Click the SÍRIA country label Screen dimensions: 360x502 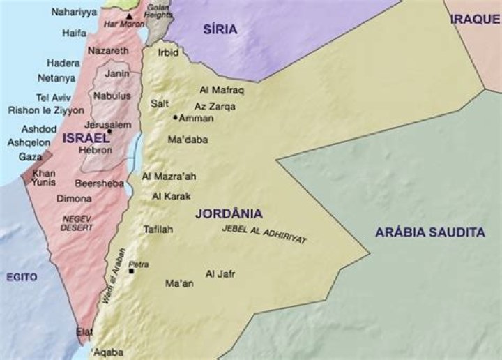point(220,29)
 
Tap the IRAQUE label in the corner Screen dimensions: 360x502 point(475,19)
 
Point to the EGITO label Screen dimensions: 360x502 point(22,277)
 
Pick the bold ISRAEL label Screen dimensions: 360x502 point(86,138)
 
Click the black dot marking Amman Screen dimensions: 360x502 point(175,118)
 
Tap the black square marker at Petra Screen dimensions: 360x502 point(131,271)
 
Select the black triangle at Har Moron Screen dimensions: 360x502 point(129,15)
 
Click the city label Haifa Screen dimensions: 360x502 point(74,33)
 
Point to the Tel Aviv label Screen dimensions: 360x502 point(53,98)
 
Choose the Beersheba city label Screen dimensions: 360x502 point(100,183)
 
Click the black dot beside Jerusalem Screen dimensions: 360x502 point(109,130)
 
